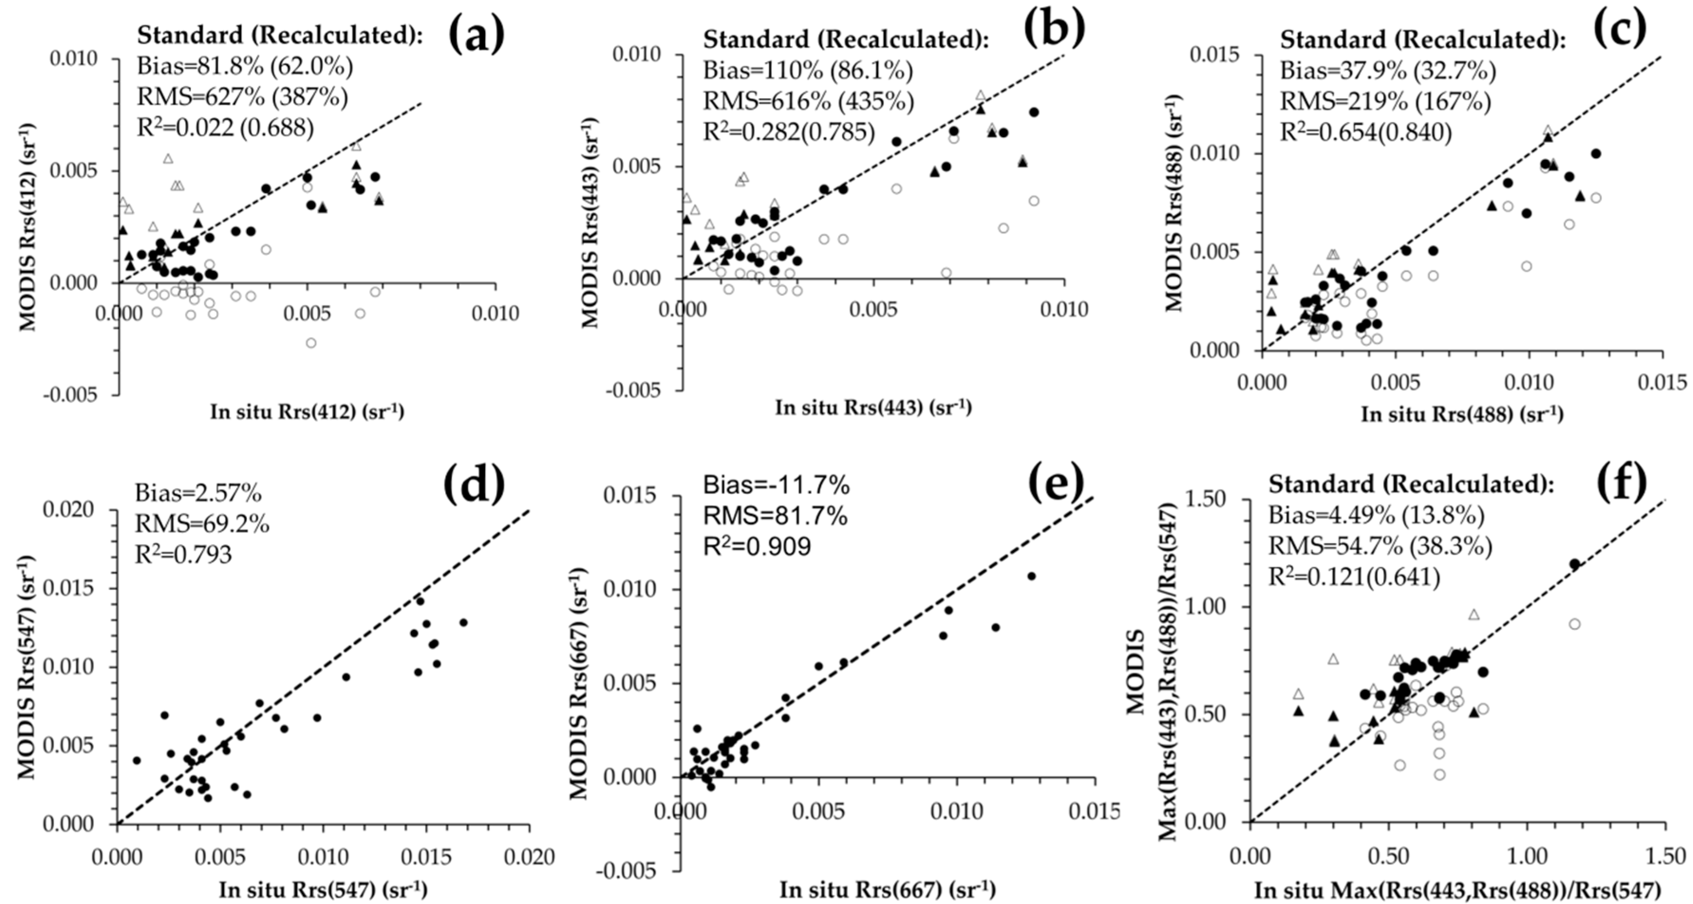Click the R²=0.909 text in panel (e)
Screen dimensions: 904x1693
pyautogui.click(x=757, y=546)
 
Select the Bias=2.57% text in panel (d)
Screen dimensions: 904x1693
pyautogui.click(x=198, y=492)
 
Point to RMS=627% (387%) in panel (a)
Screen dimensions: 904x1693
pyautogui.click(x=242, y=97)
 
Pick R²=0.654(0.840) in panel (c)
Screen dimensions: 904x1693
pyautogui.click(x=1366, y=133)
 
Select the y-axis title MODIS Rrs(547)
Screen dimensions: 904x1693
pyautogui.click(x=26, y=667)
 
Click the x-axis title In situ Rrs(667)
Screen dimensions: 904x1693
pyautogui.click(x=887, y=890)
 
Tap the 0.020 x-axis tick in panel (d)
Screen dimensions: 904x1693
pyautogui.click(x=530, y=857)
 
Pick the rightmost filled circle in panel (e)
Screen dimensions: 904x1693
pyautogui.click(x=1031, y=576)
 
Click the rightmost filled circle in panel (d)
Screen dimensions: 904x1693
pyautogui.click(x=463, y=622)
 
